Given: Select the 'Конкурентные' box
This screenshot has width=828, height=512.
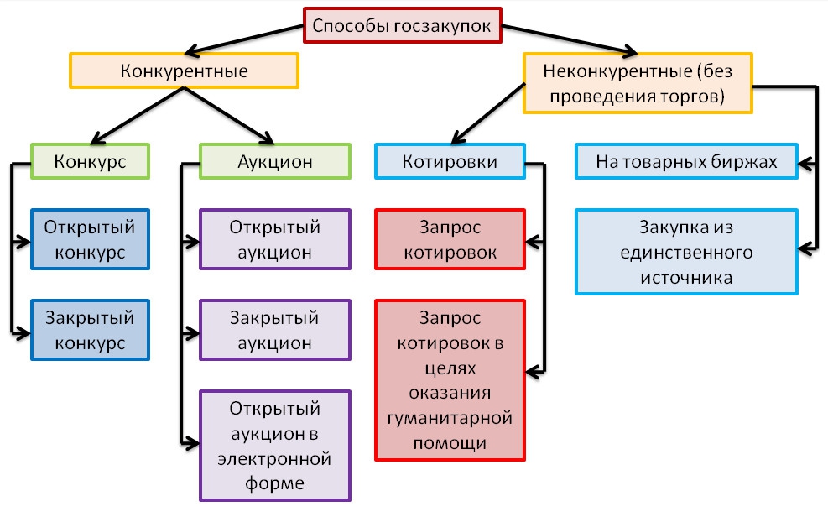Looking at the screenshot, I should click(184, 71).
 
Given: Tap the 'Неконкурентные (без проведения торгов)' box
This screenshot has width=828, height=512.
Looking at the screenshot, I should click(638, 83).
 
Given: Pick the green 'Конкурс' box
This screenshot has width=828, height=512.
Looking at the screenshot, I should click(90, 161).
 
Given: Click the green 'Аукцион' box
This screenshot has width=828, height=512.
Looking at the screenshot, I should click(274, 161).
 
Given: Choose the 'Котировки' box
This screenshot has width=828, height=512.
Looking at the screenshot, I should click(450, 161).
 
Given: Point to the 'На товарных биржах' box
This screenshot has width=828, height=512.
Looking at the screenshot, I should click(686, 161).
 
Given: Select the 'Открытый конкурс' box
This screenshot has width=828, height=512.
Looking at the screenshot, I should click(90, 239).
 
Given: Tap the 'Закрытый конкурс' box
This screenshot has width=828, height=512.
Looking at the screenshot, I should click(90, 331).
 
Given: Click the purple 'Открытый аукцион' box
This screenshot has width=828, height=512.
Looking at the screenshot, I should click(274, 239).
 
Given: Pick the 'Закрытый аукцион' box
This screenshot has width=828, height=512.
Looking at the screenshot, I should click(274, 331).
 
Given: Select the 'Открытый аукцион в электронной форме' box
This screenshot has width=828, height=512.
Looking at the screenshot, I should click(274, 445).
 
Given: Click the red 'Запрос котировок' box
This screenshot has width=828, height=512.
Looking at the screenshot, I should click(450, 239).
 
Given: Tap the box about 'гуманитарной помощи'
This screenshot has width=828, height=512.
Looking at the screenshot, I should click(450, 379).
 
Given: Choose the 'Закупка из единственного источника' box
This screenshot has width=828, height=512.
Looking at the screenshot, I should click(686, 252).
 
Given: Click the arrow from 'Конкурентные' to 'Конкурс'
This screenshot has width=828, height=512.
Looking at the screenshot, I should click(134, 113).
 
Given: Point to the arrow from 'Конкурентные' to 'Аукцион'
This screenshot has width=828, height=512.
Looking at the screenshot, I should click(227, 113).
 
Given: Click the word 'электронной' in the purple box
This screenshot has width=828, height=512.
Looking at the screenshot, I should click(274, 460).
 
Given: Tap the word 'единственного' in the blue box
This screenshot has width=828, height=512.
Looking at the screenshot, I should click(686, 252).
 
